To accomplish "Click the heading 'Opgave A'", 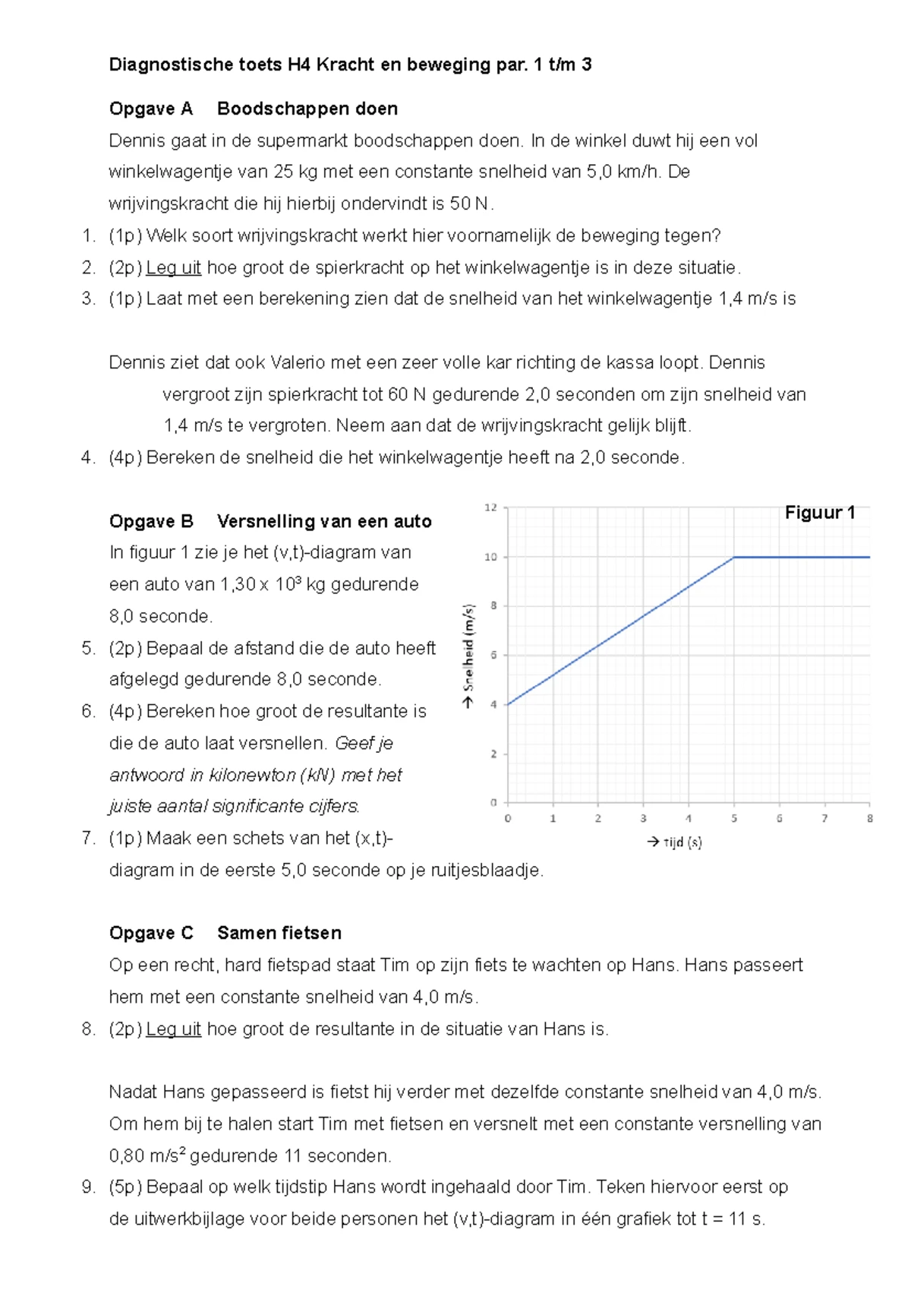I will (150, 109).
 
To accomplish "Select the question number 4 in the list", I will (88, 457).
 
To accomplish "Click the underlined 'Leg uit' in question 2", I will (173, 267).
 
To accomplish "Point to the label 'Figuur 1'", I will (819, 513).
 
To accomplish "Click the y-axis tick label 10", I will (491, 557).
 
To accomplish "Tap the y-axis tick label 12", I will (491, 507).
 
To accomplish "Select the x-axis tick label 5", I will (734, 818).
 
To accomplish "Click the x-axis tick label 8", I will (870, 818).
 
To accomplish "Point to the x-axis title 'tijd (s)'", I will (682, 842).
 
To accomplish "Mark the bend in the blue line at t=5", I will (734, 557).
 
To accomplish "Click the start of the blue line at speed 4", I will (508, 704).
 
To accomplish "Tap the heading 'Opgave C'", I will (151, 933).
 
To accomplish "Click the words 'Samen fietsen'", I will (279, 933).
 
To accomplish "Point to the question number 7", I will (88, 838).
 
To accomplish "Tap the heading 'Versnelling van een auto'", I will (324, 521).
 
